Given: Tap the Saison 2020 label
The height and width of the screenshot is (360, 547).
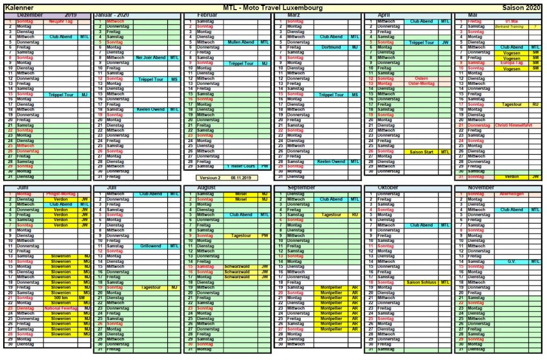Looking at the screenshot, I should click(521, 7).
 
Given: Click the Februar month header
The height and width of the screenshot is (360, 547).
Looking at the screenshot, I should click(207, 15).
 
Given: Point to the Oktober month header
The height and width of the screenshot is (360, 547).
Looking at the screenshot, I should click(388, 188).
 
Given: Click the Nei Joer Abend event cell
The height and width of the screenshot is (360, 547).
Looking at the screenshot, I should click(151, 58).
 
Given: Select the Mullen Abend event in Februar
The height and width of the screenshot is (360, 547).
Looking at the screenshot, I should click(241, 42).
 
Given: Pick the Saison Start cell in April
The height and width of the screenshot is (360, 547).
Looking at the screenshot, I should click(421, 152).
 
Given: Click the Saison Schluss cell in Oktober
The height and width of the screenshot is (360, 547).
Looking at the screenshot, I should click(421, 283).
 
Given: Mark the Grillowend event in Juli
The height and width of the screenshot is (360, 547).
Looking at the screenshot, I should click(151, 246).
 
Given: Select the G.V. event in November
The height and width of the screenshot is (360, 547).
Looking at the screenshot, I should click(512, 262).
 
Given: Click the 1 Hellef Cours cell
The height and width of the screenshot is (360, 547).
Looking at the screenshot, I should click(241, 167).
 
